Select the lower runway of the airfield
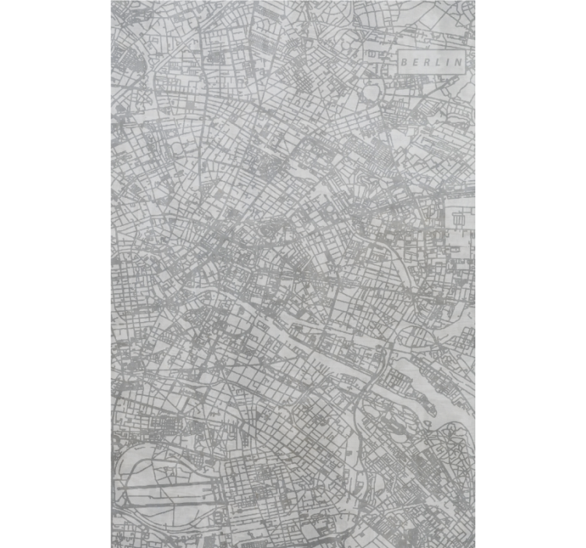click(x=168, y=499)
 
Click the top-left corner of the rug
click(x=112, y=2)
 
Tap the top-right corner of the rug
click(x=474, y=2)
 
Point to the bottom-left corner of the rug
click(x=112, y=546)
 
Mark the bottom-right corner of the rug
click(x=474, y=546)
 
